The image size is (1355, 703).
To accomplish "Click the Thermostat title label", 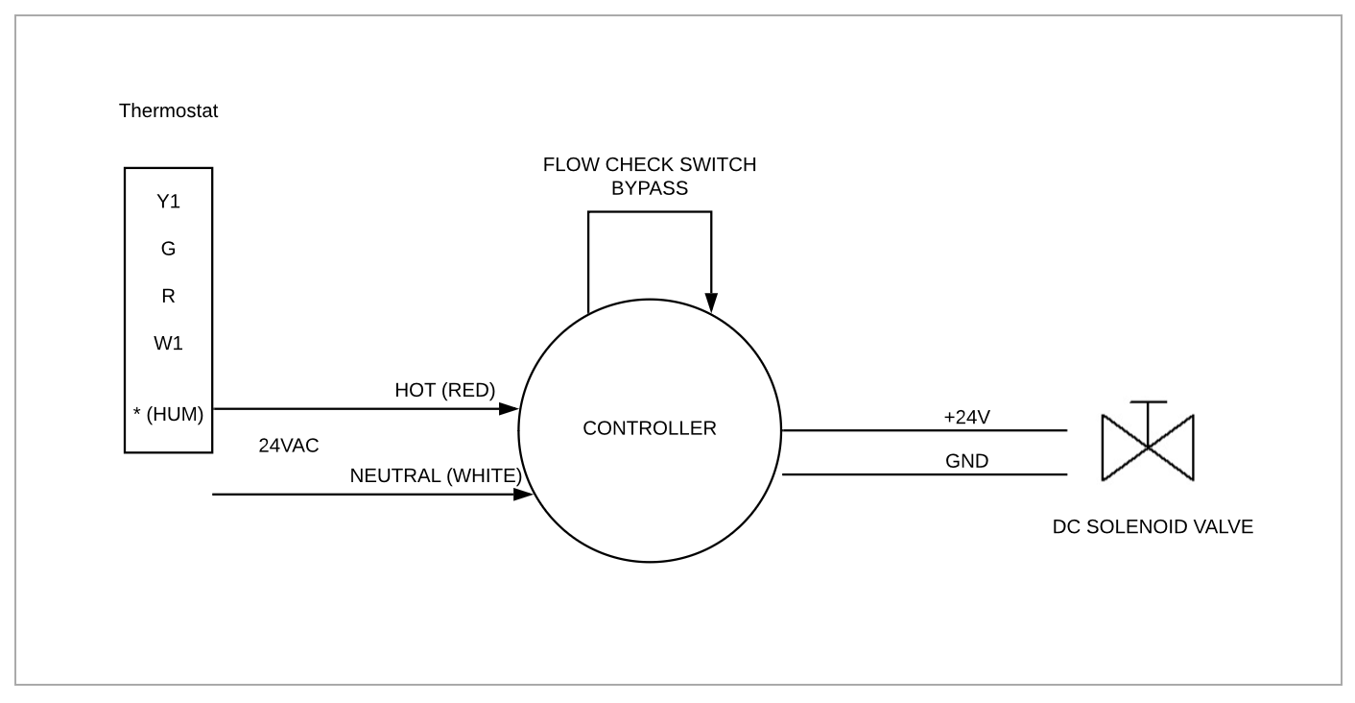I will pos(168,110).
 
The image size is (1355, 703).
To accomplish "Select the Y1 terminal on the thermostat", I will pos(168,202).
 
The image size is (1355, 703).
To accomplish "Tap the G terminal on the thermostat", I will pos(168,249).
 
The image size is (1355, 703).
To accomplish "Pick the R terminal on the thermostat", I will pos(168,296).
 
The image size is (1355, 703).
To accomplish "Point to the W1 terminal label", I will pos(168,343).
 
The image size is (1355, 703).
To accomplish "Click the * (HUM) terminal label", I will pos(168,415).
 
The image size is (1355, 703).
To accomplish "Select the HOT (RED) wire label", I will pos(444,390).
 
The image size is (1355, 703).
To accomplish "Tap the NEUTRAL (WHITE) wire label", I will pos(436,475).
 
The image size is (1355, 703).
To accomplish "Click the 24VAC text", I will pos(288,446).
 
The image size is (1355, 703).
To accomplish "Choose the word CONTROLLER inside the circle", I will pos(650,428).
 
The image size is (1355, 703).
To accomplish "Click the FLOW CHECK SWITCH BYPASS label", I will pos(650,176).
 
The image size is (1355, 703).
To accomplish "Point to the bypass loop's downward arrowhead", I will pos(711,303).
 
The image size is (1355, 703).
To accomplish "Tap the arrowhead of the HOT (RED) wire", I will pos(509,409).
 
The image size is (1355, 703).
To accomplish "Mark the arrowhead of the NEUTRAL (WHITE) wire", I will pos(523,495).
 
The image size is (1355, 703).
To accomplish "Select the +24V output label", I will pos(966,417).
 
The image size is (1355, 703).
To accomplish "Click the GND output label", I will pos(966,461).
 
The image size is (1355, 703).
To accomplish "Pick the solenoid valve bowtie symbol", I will pos(1148,448).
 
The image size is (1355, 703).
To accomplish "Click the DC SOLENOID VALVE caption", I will pos(1153,526).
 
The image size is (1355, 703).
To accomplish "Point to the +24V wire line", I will pos(921,430).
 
